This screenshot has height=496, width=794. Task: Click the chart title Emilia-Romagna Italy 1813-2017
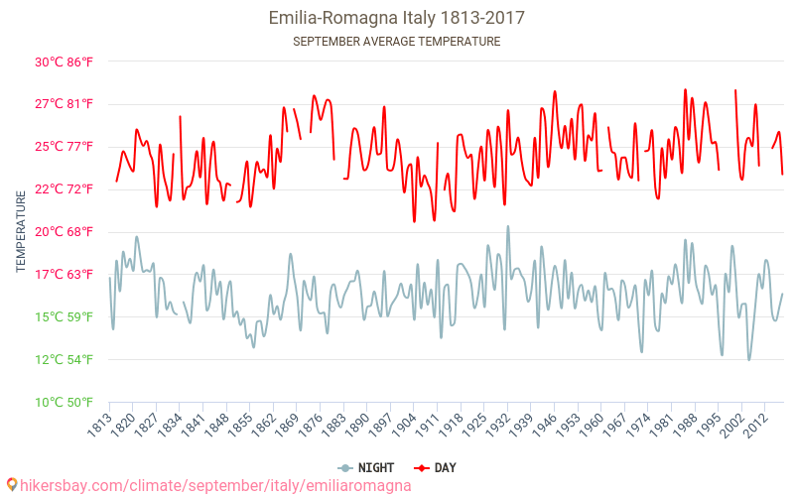click(x=397, y=18)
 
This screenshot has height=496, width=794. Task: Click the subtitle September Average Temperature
click(x=397, y=42)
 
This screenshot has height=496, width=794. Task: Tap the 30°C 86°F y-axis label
click(x=65, y=62)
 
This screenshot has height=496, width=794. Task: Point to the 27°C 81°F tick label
click(x=65, y=104)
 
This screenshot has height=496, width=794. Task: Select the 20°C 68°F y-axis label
click(x=65, y=232)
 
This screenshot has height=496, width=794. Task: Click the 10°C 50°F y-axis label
click(x=65, y=403)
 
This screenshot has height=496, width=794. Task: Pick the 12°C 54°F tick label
click(x=65, y=360)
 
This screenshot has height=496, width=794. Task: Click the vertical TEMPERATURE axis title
click(x=21, y=232)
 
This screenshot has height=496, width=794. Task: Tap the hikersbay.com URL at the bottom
click(x=214, y=486)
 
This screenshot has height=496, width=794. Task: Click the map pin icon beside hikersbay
click(x=11, y=485)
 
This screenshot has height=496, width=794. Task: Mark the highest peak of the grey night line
click(x=508, y=226)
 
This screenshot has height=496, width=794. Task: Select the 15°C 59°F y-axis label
click(x=65, y=317)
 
